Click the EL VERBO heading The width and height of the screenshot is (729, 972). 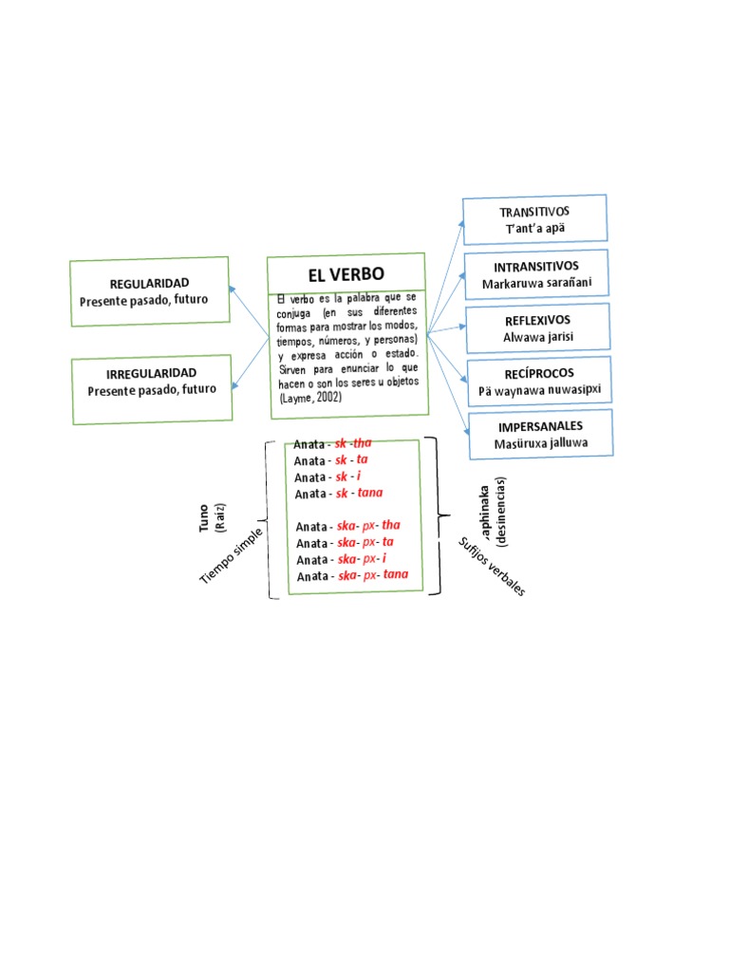pyautogui.click(x=346, y=275)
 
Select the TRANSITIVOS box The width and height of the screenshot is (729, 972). pyautogui.click(x=534, y=219)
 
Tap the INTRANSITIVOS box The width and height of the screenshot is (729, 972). pyautogui.click(x=536, y=274)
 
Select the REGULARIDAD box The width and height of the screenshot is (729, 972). pyautogui.click(x=149, y=290)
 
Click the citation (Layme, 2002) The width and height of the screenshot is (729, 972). pyautogui.click(x=310, y=399)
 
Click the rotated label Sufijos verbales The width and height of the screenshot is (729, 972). pyautogui.click(x=492, y=567)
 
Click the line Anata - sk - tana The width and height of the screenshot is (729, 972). pyautogui.click(x=339, y=494)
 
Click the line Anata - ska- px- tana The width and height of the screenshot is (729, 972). pyautogui.click(x=352, y=576)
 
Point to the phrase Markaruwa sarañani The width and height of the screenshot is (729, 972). pyautogui.click(x=536, y=283)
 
